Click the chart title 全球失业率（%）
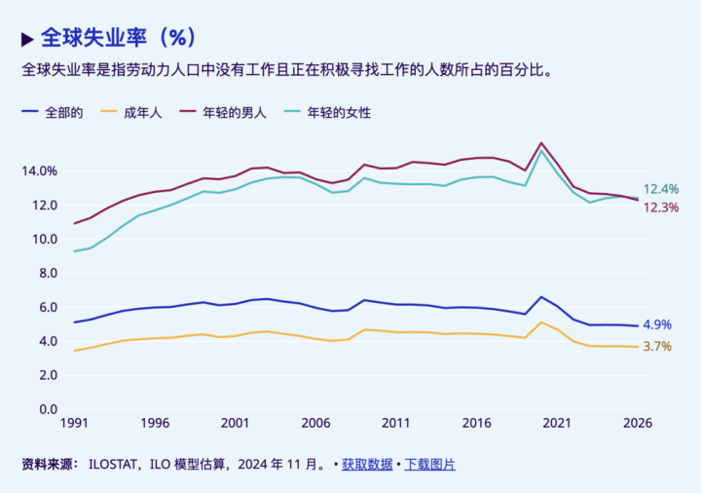pyautogui.click(x=118, y=38)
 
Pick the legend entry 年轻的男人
pyautogui.click(x=234, y=112)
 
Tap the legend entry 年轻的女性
pyautogui.click(x=339, y=112)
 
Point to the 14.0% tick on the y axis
pyautogui.click(x=39, y=171)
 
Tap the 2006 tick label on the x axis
pyautogui.click(x=315, y=424)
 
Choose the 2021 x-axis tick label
pyautogui.click(x=556, y=424)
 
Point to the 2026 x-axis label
pyautogui.click(x=637, y=424)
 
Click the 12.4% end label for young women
pyautogui.click(x=661, y=189)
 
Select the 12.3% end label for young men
pyautogui.click(x=661, y=208)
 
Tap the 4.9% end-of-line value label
pyautogui.click(x=657, y=325)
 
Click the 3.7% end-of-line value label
pyautogui.click(x=657, y=347)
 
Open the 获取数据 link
pyautogui.click(x=367, y=465)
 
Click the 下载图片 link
pyautogui.click(x=429, y=465)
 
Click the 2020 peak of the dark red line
pyautogui.click(x=541, y=143)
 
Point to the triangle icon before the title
pyautogui.click(x=27, y=39)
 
